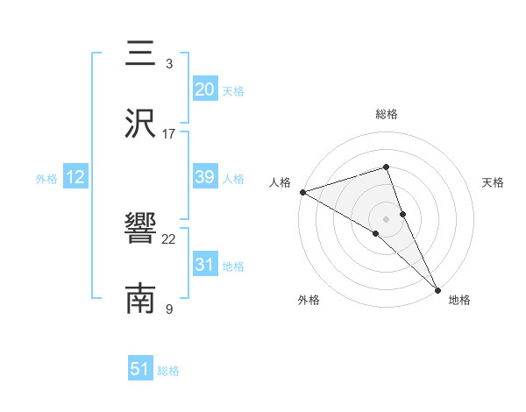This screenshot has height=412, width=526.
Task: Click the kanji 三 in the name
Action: point(140,55)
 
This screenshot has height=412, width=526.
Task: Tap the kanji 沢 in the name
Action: point(140,124)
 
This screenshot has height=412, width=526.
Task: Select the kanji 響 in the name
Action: point(140,230)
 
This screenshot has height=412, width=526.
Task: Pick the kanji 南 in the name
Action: point(140,298)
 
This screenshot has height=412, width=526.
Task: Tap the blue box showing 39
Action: point(204,177)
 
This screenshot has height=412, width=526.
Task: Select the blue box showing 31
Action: point(204,265)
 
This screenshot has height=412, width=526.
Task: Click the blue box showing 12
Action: point(75,177)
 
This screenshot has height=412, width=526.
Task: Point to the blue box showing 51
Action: point(140,369)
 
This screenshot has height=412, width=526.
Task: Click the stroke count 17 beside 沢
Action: point(169,133)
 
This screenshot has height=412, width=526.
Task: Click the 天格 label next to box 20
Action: point(233,90)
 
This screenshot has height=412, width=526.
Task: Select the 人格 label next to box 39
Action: point(233,179)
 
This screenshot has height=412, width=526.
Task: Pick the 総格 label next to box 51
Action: point(168,371)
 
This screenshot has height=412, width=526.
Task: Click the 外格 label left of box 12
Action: point(46,179)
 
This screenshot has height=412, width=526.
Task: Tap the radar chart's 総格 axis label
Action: point(387,114)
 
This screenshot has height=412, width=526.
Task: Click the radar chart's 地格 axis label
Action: point(459,300)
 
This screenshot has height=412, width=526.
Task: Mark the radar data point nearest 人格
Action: point(302,192)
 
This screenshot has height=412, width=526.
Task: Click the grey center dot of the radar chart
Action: point(387,218)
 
